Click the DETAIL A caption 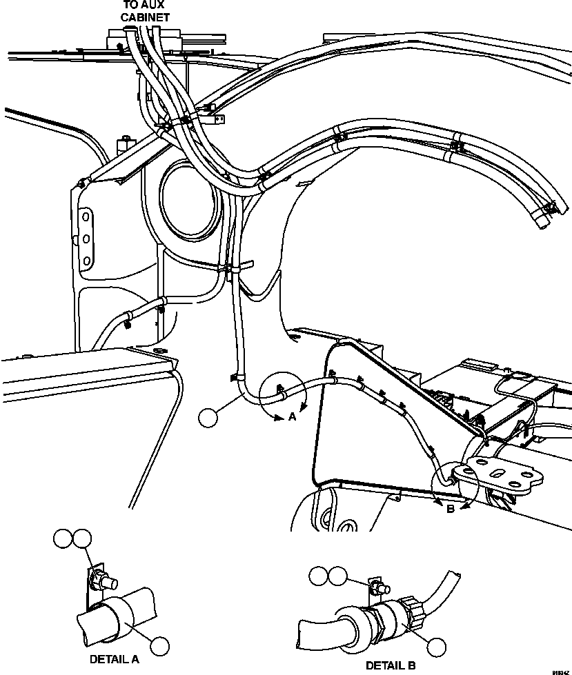[114, 659]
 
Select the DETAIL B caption [391, 665]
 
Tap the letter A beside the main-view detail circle [292, 416]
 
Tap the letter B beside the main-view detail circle [450, 510]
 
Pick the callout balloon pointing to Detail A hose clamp [160, 646]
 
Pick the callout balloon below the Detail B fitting [436, 647]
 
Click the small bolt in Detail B [377, 588]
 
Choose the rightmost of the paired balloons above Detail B [337, 576]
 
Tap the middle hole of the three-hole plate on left [86, 239]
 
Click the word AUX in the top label [145, 5]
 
